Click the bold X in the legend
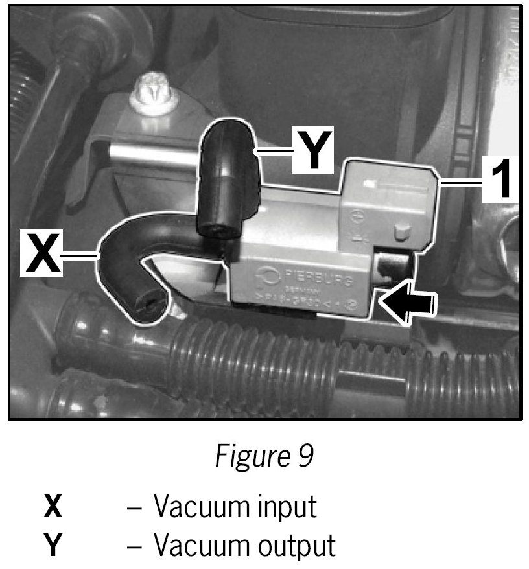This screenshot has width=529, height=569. [x=53, y=506]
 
